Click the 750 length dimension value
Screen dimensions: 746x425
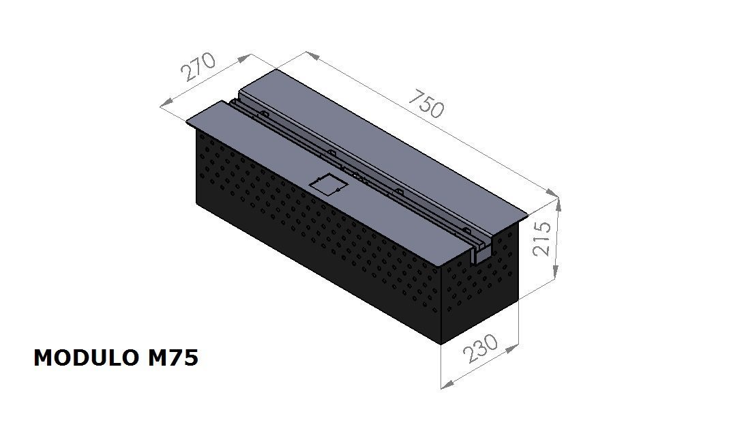point(426,103)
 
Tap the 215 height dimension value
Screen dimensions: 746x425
point(542,239)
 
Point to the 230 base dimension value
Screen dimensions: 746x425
point(481,348)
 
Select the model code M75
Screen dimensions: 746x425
point(173,358)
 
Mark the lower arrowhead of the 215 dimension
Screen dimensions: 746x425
point(555,273)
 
